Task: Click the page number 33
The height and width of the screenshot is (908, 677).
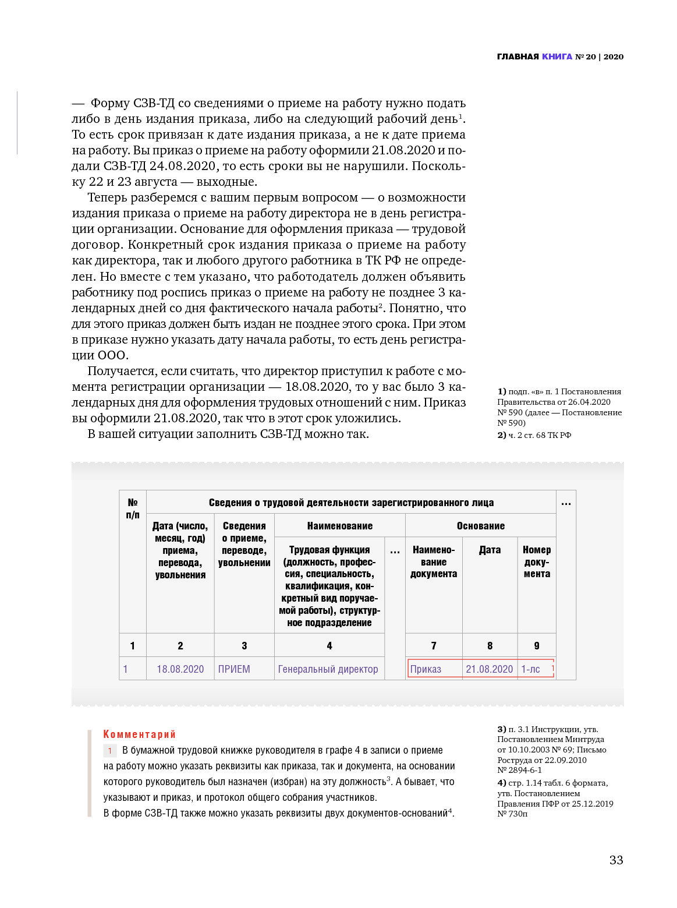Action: pyautogui.click(x=616, y=860)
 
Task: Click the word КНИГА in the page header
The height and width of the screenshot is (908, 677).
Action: pyautogui.click(x=557, y=56)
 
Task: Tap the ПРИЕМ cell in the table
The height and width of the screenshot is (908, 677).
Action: pyautogui.click(x=234, y=669)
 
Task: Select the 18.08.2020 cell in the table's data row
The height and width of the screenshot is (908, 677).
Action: pyautogui.click(x=180, y=669)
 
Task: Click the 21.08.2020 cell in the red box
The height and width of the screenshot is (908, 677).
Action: pyautogui.click(x=490, y=669)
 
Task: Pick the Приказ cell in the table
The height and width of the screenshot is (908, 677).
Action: pyautogui.click(x=426, y=669)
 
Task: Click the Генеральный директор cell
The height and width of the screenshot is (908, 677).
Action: pyautogui.click(x=328, y=669)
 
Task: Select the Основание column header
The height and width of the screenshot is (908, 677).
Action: pyautogui.click(x=480, y=526)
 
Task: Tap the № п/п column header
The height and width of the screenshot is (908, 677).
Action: pyautogui.click(x=133, y=508)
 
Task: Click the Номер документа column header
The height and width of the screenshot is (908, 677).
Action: pyautogui.click(x=537, y=561)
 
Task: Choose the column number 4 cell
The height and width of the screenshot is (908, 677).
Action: pyautogui.click(x=329, y=645)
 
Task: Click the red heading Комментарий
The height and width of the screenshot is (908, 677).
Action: pyautogui.click(x=139, y=734)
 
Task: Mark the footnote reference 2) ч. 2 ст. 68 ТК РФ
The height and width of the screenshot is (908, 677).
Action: pyautogui.click(x=534, y=435)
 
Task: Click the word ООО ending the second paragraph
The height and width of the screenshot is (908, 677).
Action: pyautogui.click(x=112, y=355)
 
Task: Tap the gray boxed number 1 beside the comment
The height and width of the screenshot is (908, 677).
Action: pyautogui.click(x=110, y=751)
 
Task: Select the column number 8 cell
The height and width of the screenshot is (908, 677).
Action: pyautogui.click(x=490, y=645)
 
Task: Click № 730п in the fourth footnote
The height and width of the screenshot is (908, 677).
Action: pyautogui.click(x=512, y=814)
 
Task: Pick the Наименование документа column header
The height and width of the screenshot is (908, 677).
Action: pyautogui.click(x=434, y=561)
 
